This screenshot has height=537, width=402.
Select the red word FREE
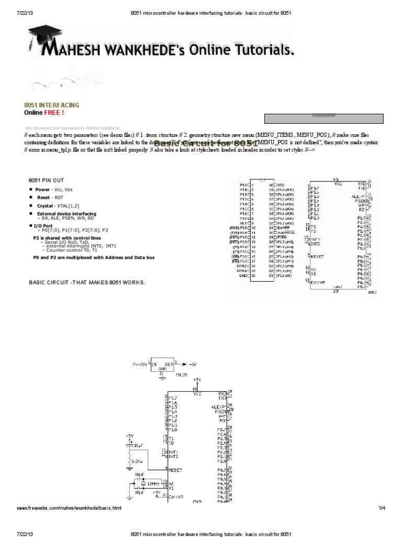[x=54, y=112]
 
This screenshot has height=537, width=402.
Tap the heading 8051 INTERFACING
[x=52, y=105]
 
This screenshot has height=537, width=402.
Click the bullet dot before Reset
[x=31, y=197]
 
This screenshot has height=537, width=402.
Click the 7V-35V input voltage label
[x=141, y=363]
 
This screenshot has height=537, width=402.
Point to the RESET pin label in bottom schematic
[x=176, y=469]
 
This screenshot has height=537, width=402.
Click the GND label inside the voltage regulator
[x=162, y=369]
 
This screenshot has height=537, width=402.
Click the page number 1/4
[x=382, y=508]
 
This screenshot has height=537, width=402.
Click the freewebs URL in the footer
[x=69, y=508]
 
